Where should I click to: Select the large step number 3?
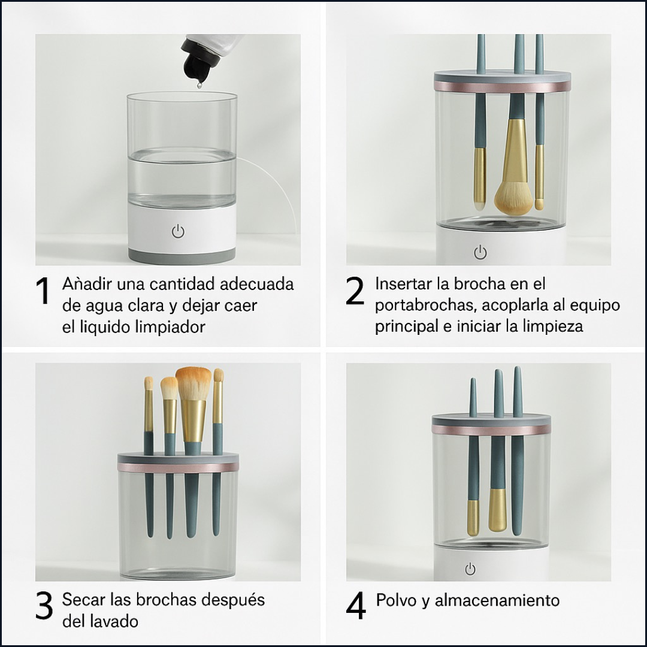click(x=44, y=605)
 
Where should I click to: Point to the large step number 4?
click(x=356, y=605)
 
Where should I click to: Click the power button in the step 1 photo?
click(x=179, y=231)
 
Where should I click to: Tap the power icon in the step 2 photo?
click(x=480, y=252)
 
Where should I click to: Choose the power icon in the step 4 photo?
click(x=470, y=569)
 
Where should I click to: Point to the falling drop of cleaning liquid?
click(x=199, y=85)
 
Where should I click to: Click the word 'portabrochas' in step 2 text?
click(x=425, y=306)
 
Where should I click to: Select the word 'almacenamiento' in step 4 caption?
click(x=497, y=600)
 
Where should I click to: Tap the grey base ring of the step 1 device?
click(x=182, y=256)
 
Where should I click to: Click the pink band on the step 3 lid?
click(x=178, y=467)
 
